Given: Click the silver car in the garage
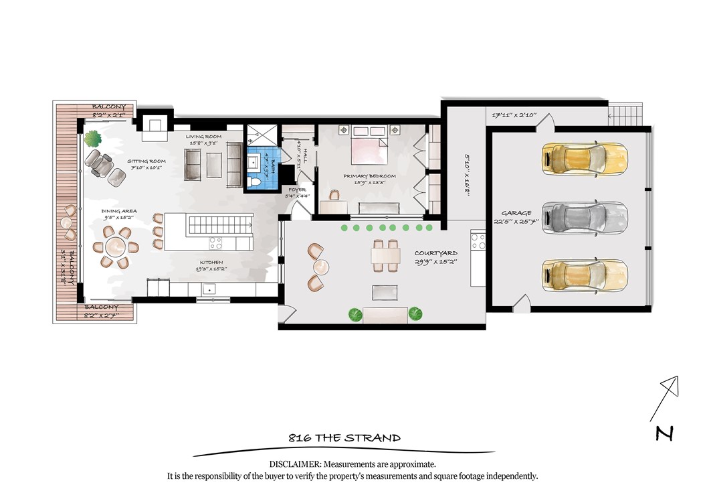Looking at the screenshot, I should [x=585, y=216].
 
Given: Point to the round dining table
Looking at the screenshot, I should [x=118, y=247].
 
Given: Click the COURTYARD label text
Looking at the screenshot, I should [x=436, y=254].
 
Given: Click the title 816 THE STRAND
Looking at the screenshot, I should [x=344, y=438].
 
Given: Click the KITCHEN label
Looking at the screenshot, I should [x=211, y=263].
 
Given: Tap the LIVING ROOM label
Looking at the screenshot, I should [x=203, y=137].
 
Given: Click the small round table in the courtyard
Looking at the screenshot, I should [x=321, y=267].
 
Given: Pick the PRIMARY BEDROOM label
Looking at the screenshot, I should [x=370, y=176].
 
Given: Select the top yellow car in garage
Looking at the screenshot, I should [x=585, y=159].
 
